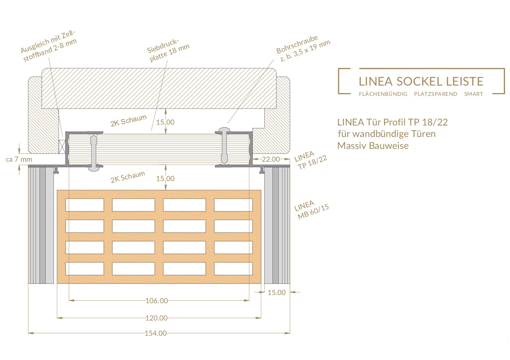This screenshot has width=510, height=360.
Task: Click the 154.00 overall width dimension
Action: pyautogui.click(x=156, y=333)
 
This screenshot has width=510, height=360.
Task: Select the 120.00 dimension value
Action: pyautogui.click(x=156, y=318)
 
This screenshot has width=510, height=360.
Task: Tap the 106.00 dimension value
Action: pyautogui.click(x=157, y=301)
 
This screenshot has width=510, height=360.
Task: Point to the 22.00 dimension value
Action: pyautogui.click(x=271, y=159)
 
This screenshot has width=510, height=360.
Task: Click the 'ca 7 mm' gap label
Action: pyautogui.click(x=19, y=159)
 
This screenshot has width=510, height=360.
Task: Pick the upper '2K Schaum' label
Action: pyautogui.click(x=128, y=121)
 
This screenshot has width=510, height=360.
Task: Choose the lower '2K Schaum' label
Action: pyautogui.click(x=128, y=177)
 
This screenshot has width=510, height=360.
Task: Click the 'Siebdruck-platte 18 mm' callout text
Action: pyautogui.click(x=168, y=51)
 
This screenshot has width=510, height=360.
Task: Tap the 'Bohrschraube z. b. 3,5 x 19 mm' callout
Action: pyautogui.click(x=303, y=48)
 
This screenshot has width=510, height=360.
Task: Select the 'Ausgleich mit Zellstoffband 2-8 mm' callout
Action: pyautogui.click(x=49, y=46)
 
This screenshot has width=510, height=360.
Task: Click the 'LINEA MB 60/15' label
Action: pyautogui.click(x=311, y=209)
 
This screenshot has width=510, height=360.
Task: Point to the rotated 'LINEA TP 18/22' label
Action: pyautogui.click(x=310, y=160)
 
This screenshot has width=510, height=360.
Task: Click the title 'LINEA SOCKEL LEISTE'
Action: pyautogui.click(x=421, y=81)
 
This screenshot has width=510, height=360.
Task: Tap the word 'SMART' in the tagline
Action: pyautogui.click(x=473, y=94)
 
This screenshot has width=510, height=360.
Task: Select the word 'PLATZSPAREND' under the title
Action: pyautogui.click(x=435, y=94)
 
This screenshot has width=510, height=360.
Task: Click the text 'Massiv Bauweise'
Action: pyautogui.click(x=373, y=146)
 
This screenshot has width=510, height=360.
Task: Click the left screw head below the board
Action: pyautogui.click(x=93, y=169)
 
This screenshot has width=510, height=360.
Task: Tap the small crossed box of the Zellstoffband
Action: pyautogui.click(x=62, y=144)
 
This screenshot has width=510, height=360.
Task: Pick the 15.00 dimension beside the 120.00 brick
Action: pyautogui.click(x=276, y=293)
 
